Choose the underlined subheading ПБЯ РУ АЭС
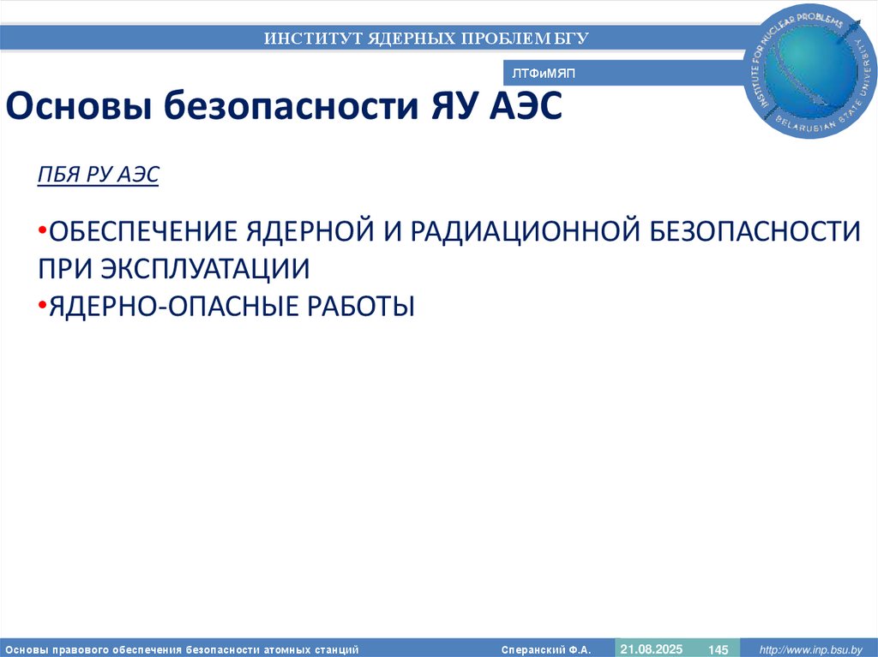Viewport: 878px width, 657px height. pos(99,175)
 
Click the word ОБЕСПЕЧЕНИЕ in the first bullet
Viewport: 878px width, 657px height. pos(142,231)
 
